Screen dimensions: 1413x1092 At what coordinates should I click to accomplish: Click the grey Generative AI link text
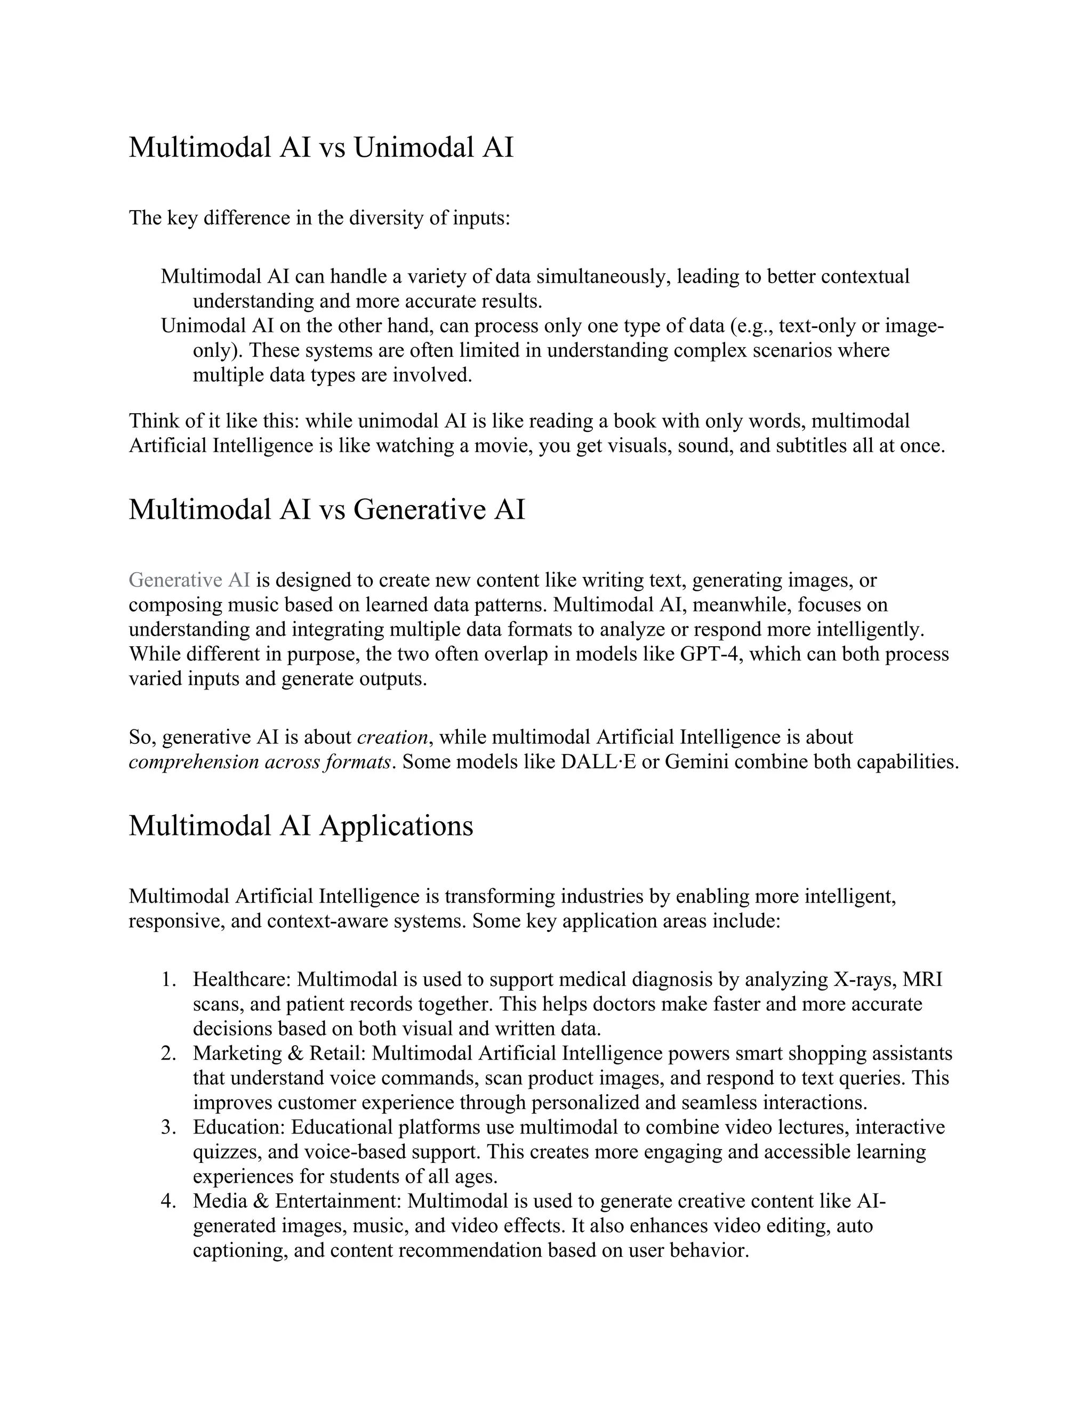[x=189, y=580]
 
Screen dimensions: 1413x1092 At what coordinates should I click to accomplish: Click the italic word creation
[x=392, y=737]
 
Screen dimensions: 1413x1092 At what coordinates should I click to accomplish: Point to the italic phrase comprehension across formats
[x=260, y=761]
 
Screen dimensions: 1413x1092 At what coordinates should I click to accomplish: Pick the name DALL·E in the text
[x=598, y=761]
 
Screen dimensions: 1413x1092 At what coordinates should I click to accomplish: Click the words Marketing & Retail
[x=279, y=1053]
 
